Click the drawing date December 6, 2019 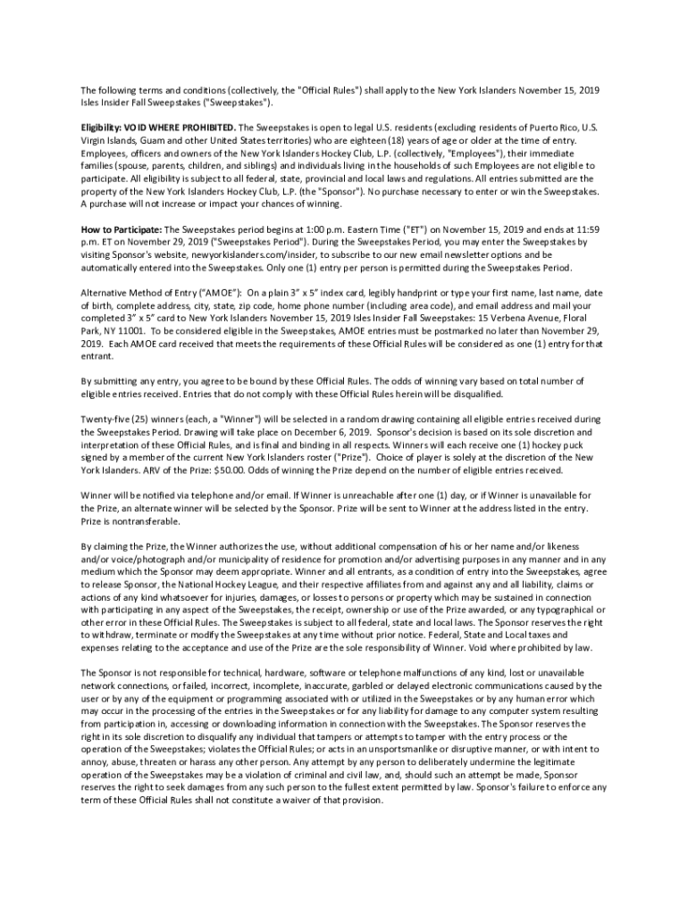tap(333, 430)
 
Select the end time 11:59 tap(594, 228)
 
